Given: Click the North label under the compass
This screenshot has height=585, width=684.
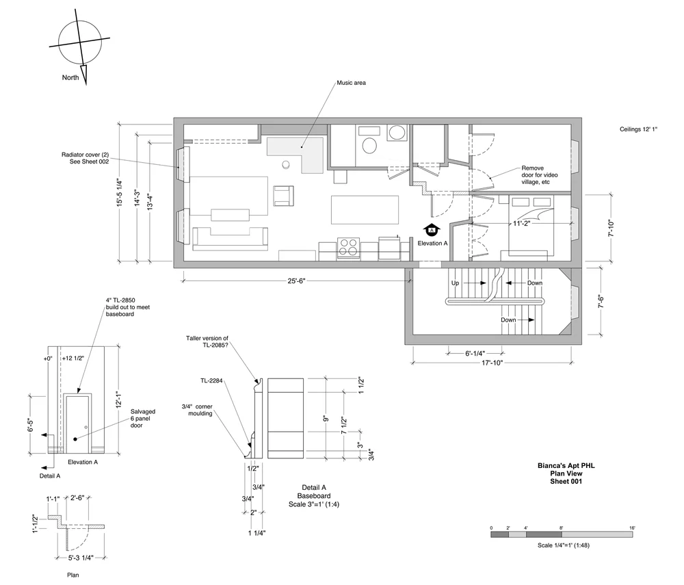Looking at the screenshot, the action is (70, 77).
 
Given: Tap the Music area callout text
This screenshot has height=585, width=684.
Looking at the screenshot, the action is (351, 83).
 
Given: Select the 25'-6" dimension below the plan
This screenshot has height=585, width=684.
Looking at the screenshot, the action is (296, 281).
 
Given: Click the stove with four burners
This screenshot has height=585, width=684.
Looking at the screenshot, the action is (349, 248).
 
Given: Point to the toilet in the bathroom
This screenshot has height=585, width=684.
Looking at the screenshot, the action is (369, 146).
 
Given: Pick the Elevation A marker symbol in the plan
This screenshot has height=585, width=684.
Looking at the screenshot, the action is (432, 229).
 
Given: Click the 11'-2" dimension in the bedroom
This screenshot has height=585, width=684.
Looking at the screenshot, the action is (521, 223).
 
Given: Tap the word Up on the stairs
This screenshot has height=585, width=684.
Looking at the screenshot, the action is (455, 283).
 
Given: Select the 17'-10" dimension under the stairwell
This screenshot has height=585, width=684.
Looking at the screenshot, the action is (492, 363).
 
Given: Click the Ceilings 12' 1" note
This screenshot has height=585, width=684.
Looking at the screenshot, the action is (638, 129).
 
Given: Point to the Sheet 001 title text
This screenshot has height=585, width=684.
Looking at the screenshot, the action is (566, 481).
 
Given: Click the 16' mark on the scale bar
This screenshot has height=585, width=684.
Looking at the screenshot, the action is (632, 528).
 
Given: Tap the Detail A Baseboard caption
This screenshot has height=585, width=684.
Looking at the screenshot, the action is (314, 492).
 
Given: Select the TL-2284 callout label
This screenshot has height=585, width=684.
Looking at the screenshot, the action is (211, 381).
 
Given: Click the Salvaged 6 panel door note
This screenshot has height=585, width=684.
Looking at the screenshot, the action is (143, 418).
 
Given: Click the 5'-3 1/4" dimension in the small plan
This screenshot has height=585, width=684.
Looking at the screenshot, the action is (81, 558).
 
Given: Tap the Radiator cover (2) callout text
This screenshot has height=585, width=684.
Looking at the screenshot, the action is (85, 158).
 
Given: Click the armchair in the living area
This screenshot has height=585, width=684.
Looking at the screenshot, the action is (283, 196).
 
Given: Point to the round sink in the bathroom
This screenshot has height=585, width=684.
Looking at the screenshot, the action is (397, 132).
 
